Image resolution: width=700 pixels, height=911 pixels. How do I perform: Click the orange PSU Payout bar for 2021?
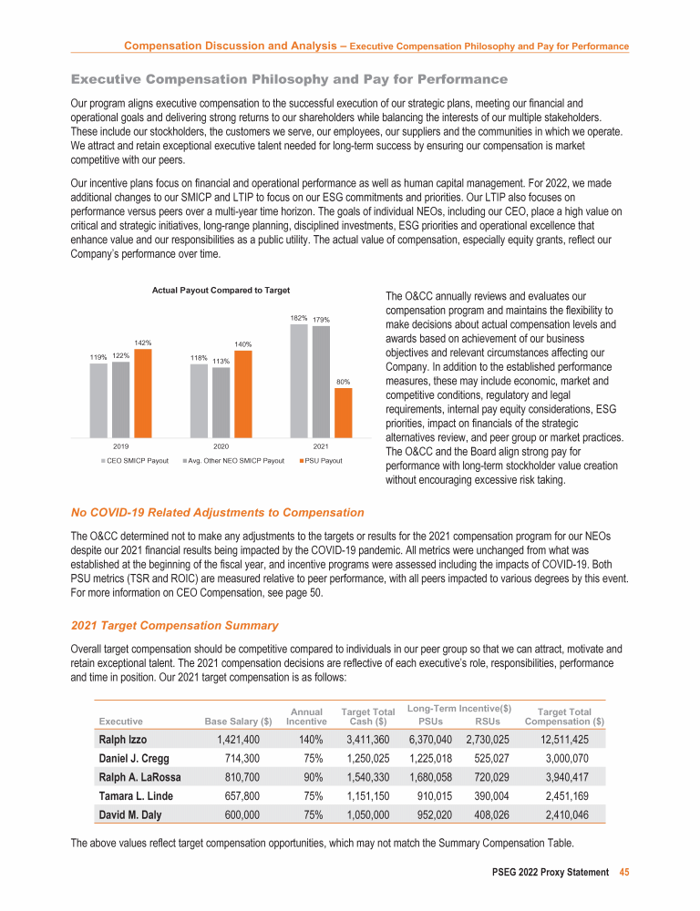[343, 414]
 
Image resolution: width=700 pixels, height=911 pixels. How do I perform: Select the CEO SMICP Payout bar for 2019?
[98, 401]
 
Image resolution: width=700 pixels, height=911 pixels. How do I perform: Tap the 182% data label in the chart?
[298, 318]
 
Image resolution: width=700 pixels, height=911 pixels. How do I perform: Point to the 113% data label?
[221, 362]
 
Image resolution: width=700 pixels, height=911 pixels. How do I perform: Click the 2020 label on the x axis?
[221, 447]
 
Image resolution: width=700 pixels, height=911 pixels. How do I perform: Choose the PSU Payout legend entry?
[322, 461]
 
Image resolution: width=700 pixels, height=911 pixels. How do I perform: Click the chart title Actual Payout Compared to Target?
[221, 290]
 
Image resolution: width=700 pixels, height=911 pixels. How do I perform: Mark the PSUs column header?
[428, 722]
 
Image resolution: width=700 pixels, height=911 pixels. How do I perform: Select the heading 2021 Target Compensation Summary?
[168, 625]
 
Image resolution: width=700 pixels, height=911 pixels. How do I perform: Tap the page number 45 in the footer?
[624, 872]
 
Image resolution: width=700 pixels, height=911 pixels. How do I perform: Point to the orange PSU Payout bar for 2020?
[242, 394]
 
